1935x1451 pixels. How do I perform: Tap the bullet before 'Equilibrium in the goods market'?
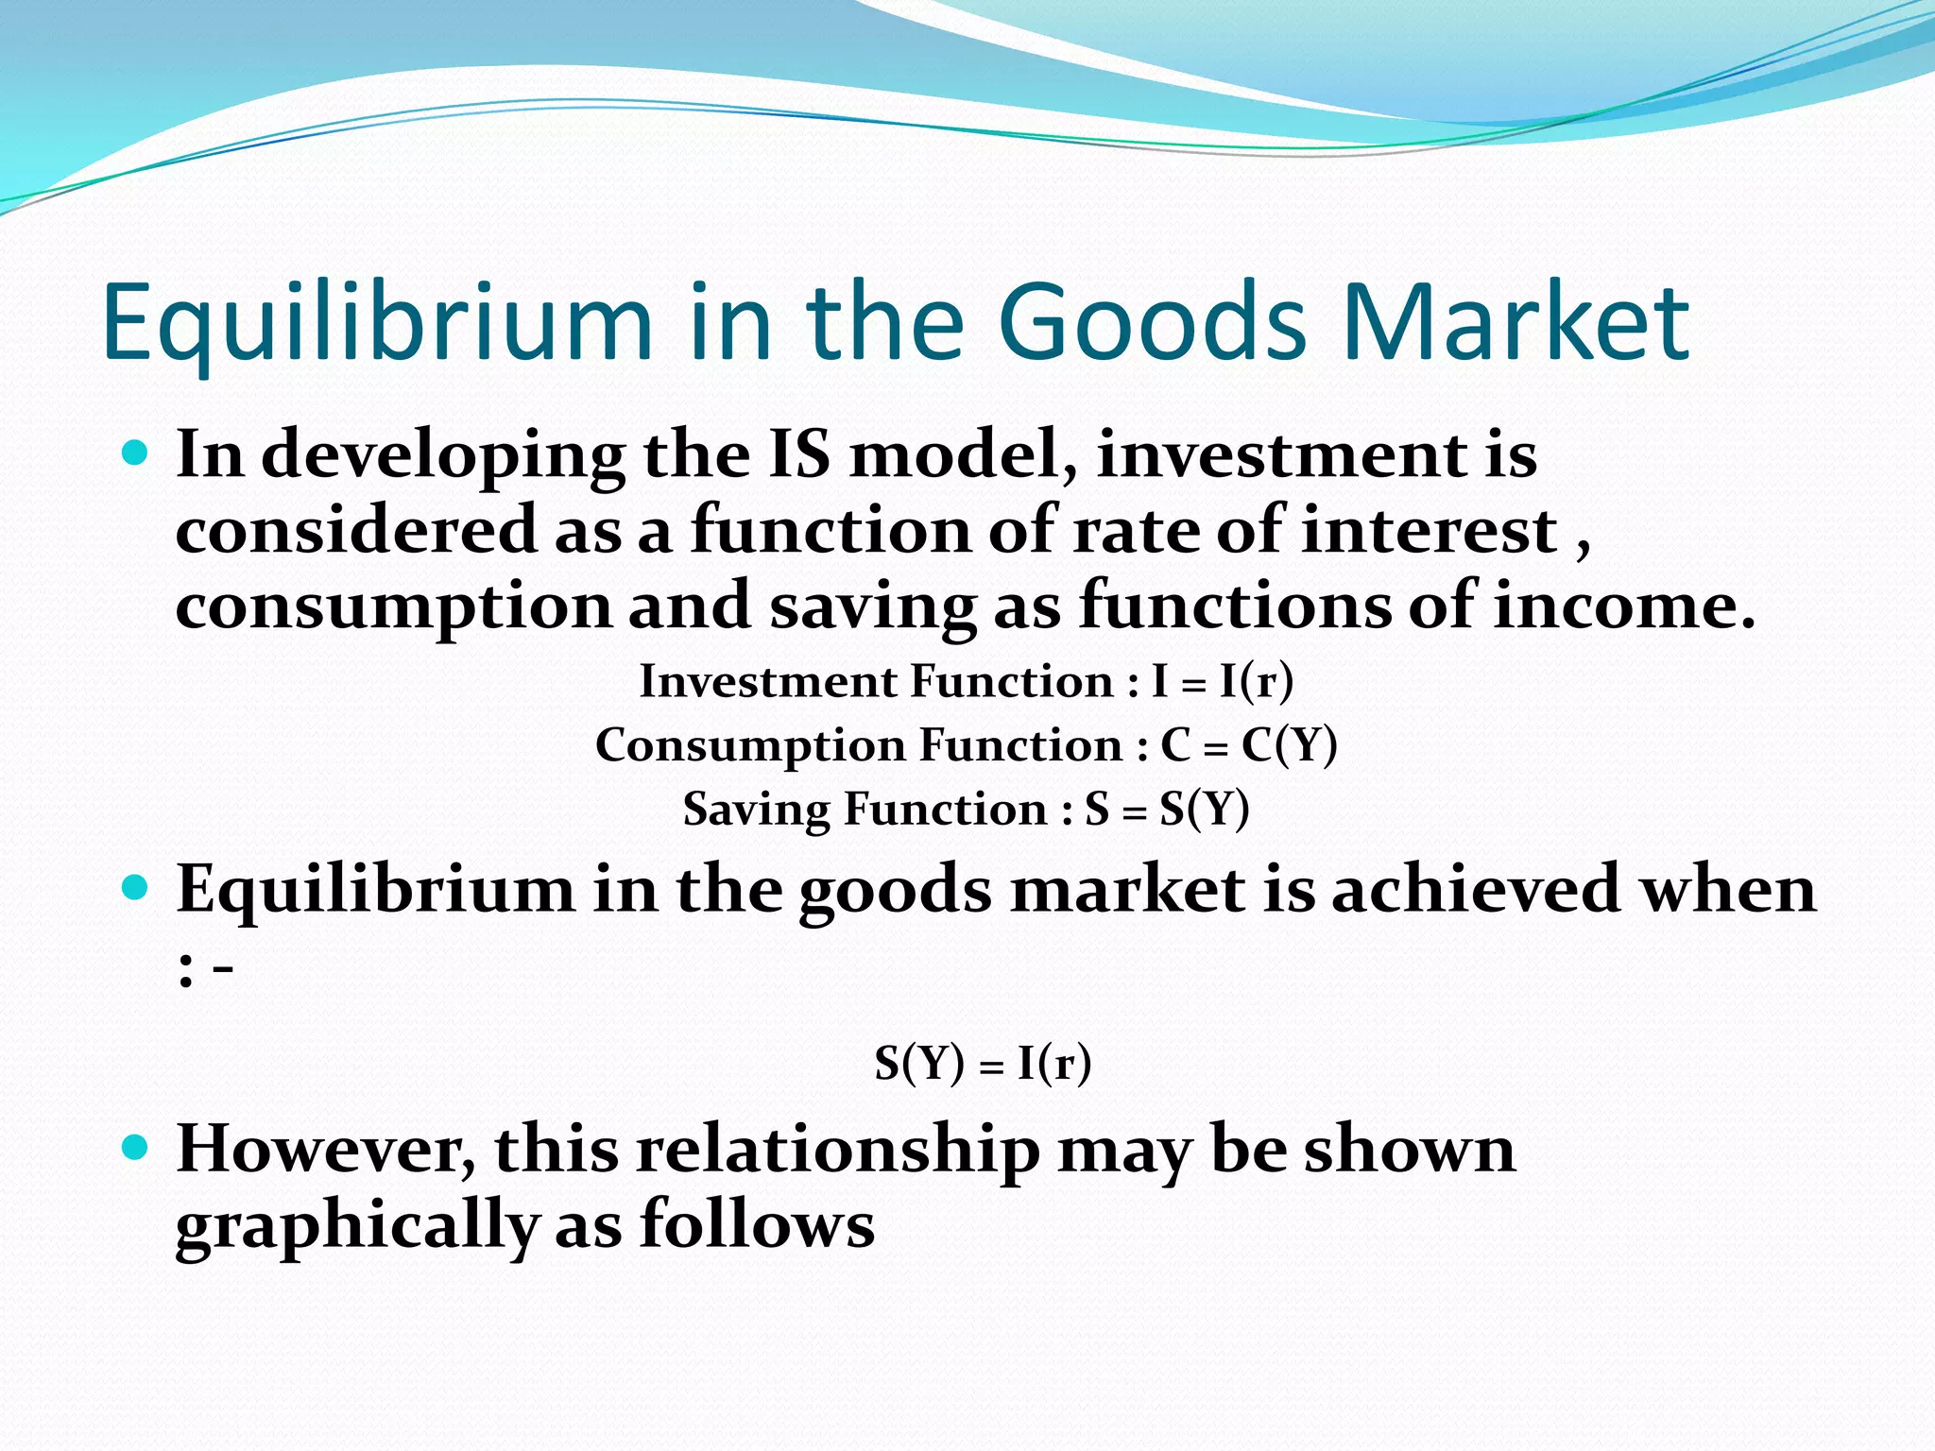[136, 888]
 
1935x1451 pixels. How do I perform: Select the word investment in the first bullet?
[1280, 455]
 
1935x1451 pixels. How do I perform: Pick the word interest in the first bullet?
[1430, 531]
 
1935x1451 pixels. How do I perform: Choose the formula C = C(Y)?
[1248, 746]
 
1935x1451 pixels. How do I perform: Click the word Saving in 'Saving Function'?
[756, 811]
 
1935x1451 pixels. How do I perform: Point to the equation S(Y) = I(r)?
[983, 1065]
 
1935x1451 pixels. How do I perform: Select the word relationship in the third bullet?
[837, 1151]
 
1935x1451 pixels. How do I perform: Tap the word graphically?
[357, 1226]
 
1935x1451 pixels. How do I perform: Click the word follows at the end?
[757, 1226]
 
